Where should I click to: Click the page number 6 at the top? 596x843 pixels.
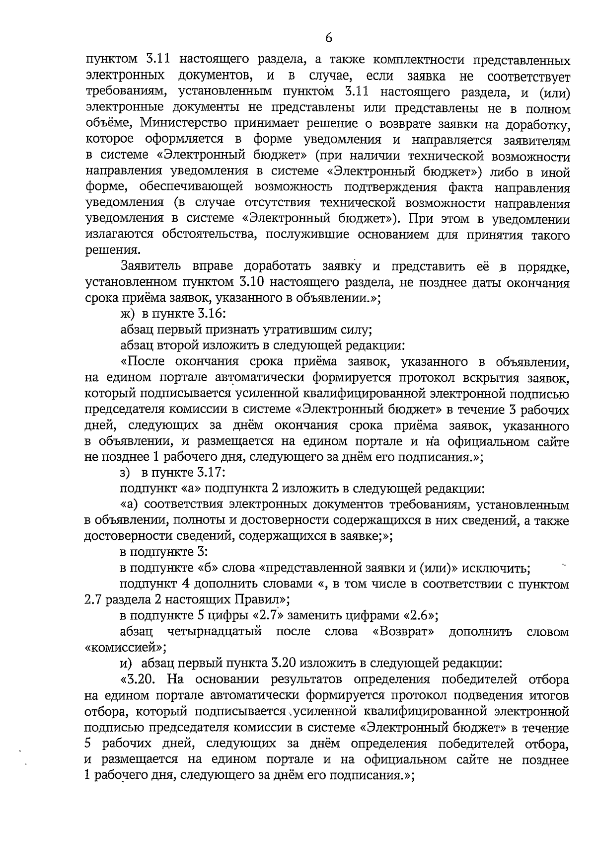[328, 37]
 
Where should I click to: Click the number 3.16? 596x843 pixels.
[210, 314]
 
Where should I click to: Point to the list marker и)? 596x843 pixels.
[127, 664]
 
